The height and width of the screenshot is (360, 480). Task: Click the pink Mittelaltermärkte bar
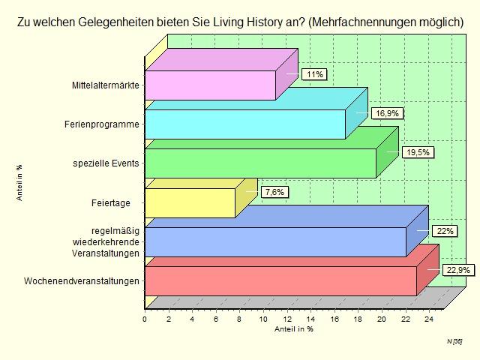tap(210, 85)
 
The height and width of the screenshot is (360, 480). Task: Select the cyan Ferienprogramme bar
tap(244, 124)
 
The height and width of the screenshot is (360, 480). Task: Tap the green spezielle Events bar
tap(259, 163)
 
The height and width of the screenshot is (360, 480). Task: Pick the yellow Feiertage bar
tap(189, 202)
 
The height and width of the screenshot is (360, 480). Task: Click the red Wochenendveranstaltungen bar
tap(280, 280)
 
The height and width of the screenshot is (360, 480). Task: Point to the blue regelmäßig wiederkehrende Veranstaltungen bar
tap(274, 241)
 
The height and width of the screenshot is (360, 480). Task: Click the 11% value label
tap(314, 74)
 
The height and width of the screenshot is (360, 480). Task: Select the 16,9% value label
tap(388, 113)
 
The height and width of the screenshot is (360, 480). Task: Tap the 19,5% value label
tap(418, 152)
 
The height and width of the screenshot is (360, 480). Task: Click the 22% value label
tap(445, 231)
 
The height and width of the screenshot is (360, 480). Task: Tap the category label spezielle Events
tap(106, 163)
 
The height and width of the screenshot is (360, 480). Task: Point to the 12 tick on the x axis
tap(287, 319)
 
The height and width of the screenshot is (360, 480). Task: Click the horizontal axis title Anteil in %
tap(293, 328)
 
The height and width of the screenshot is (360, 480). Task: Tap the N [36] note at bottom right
tap(454, 341)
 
